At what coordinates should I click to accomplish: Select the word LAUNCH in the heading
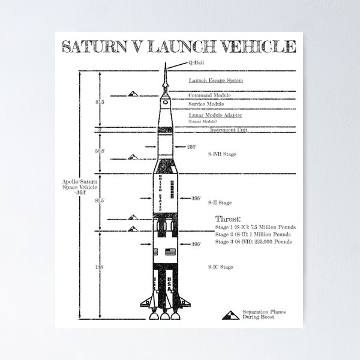pyautogui.click(x=180, y=47)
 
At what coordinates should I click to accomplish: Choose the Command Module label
pyautogui.click(x=209, y=95)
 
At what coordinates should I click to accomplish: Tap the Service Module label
pyautogui.click(x=207, y=104)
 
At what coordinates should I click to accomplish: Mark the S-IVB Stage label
pyautogui.click(x=221, y=154)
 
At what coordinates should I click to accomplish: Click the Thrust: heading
pyautogui.click(x=227, y=218)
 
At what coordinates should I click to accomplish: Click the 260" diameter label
pyautogui.click(x=192, y=146)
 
